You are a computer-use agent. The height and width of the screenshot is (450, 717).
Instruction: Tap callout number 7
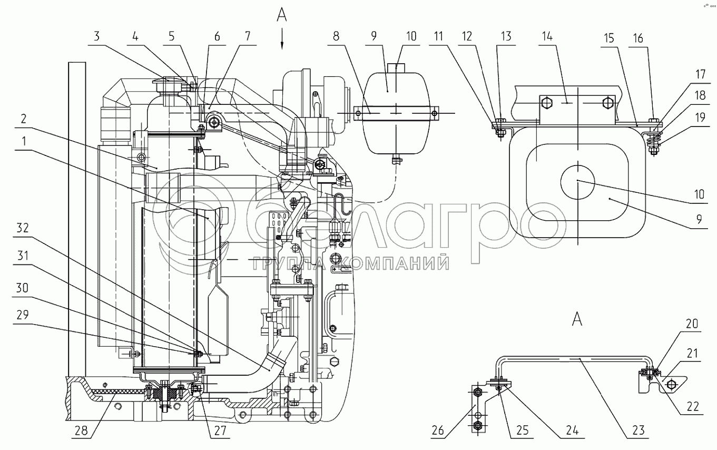coord(248,36)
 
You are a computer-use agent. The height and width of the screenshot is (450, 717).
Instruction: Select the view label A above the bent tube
coord(577,319)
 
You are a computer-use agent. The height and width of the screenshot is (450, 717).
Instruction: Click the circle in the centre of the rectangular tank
coord(577,181)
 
